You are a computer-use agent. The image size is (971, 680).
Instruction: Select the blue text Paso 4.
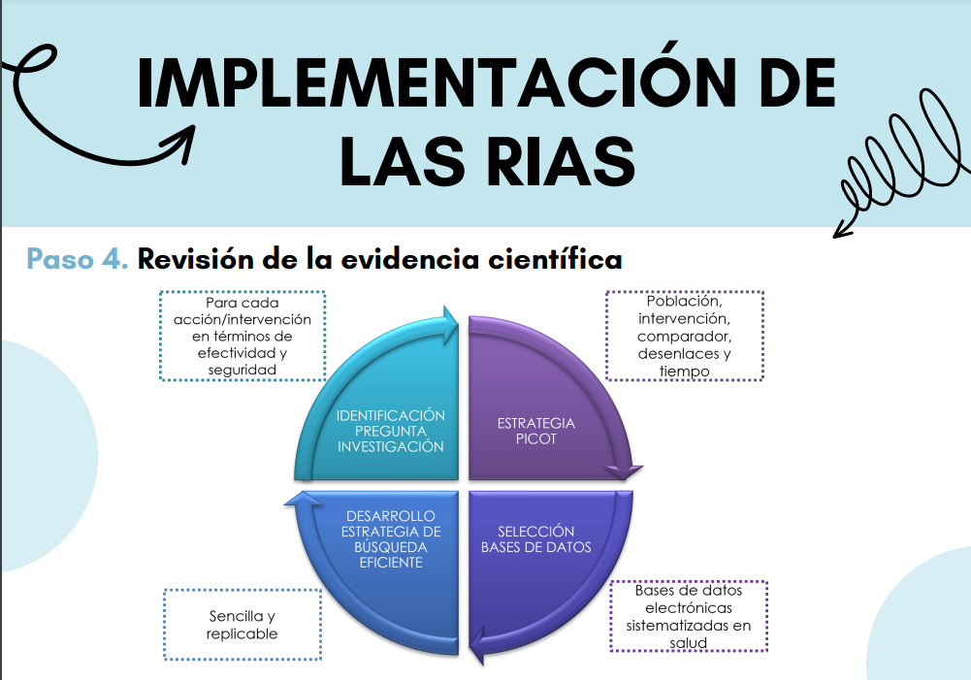[78, 258]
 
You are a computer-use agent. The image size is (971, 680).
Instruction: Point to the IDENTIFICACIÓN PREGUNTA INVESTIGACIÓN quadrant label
[390, 431]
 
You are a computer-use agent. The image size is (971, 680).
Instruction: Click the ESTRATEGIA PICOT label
[536, 431]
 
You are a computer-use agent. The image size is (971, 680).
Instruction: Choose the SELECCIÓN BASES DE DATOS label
[536, 538]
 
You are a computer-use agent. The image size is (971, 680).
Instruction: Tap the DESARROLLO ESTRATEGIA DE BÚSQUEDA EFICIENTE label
[391, 538]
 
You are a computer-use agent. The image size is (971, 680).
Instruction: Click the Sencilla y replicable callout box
[243, 625]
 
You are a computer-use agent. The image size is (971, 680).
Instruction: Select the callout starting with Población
[684, 335]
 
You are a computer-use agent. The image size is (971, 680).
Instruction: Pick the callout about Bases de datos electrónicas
[689, 616]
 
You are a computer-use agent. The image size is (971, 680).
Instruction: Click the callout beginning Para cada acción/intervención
[243, 335]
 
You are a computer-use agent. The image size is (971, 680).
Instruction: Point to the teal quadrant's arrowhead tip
[458, 321]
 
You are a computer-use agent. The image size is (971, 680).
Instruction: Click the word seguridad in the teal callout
[243, 370]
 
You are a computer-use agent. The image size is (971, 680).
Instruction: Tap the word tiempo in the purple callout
[684, 371]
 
